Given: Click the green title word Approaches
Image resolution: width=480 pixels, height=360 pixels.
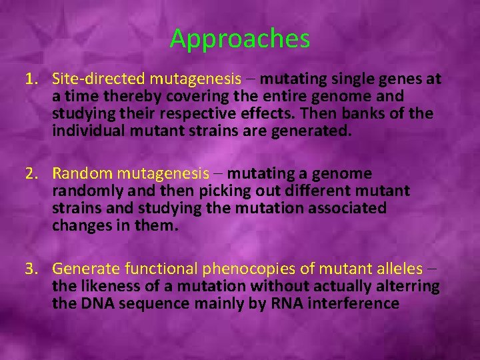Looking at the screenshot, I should pos(240,39).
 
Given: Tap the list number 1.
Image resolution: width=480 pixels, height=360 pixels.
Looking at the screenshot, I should pos(30,79).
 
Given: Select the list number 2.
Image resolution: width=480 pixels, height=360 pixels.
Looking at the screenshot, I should pos(31,174).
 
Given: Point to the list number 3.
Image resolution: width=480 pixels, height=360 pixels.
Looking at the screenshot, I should pos(31,269).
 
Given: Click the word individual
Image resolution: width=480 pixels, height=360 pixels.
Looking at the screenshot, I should pos(85,131).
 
